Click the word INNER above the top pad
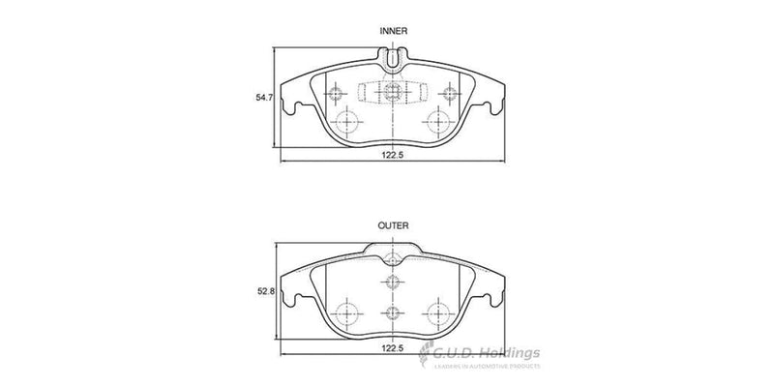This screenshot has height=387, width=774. click(392, 31)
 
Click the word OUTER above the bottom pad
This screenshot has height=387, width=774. click(392, 225)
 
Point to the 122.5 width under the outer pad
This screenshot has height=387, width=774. click(391, 360)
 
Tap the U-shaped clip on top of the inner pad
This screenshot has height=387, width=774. click(392, 61)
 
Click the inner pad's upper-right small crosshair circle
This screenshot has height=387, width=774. click(447, 93)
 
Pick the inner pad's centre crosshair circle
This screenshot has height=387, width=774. click(392, 93)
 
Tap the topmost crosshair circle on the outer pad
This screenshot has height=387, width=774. click(392, 258)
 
